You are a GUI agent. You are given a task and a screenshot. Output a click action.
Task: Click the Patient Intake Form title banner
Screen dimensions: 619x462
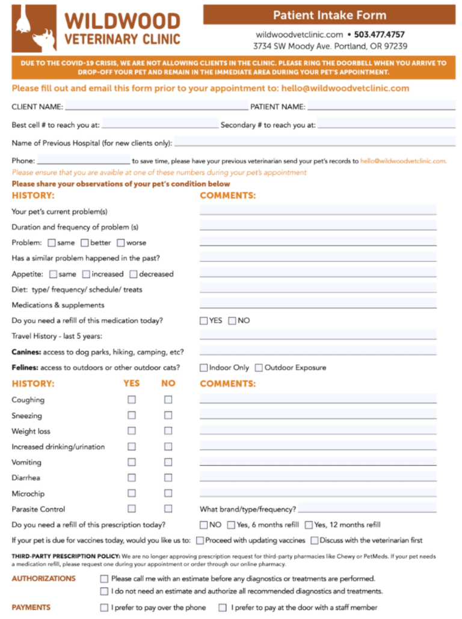coord(329,15)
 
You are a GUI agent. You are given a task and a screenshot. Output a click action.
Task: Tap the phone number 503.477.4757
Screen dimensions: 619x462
coord(379,34)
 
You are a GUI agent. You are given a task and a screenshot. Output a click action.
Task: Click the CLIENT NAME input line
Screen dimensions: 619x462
coord(156,106)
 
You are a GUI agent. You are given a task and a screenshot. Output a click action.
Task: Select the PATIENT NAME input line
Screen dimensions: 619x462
coord(381,106)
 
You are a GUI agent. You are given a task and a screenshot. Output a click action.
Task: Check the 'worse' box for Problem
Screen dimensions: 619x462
coord(121,243)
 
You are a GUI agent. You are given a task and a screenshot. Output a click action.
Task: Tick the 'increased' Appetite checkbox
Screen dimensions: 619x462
coord(86,274)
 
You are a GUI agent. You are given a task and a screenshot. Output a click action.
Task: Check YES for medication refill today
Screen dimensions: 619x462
coord(204,321)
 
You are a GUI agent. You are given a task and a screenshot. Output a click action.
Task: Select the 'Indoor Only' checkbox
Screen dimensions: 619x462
coord(204,368)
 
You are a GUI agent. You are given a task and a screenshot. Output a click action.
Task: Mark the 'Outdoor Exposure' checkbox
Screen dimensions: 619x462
coord(259,368)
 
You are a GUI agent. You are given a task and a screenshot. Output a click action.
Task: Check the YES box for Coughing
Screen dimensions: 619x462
coord(132,400)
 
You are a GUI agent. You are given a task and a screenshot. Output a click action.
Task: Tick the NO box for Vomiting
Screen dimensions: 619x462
coord(168,462)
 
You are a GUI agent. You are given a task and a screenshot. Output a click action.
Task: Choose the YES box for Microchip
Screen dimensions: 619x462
coord(132,493)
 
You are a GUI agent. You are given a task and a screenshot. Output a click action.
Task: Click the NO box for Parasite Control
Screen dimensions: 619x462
coord(168,509)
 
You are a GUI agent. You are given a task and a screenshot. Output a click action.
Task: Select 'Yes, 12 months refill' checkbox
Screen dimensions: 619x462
coord(309,525)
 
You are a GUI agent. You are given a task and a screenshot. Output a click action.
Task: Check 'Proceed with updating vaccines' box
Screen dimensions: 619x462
coord(200,540)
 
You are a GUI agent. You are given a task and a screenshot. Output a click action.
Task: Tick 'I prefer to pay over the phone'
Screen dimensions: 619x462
coord(104,608)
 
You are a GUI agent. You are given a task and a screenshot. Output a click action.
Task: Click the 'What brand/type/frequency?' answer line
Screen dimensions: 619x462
coord(367,509)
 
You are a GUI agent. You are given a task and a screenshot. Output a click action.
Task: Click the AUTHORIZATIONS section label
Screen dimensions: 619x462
coord(43,579)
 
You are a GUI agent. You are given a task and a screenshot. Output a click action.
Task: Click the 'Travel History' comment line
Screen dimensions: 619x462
coord(318,335)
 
